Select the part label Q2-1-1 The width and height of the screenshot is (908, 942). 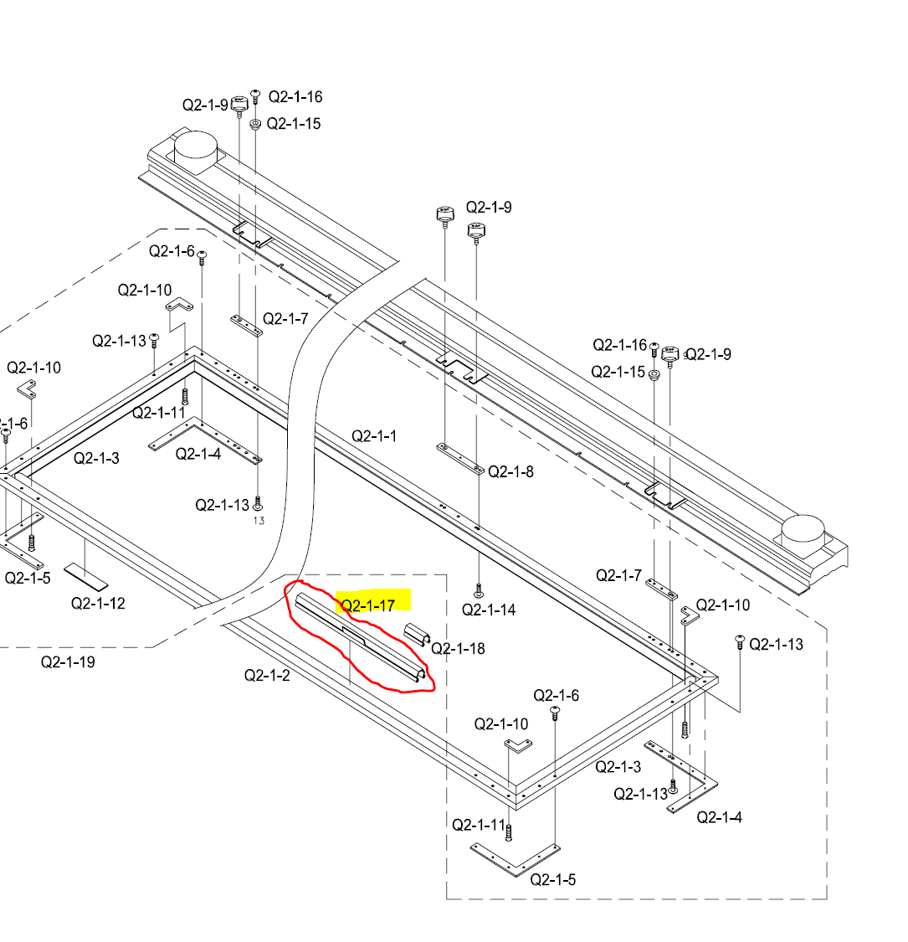tap(374, 436)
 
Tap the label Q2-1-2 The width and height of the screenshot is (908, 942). tap(267, 675)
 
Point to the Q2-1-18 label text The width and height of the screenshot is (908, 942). tap(459, 648)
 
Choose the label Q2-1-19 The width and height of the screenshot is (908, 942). tap(68, 662)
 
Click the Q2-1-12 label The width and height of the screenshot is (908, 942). tap(98, 603)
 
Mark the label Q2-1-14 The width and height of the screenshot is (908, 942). tap(490, 610)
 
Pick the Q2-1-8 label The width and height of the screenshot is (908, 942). tap(511, 471)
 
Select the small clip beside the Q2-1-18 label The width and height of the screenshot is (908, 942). tap(418, 635)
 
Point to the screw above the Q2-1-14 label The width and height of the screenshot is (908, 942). tap(479, 589)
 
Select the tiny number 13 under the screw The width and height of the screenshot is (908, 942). tap(259, 521)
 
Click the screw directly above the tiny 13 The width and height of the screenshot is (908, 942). tap(258, 502)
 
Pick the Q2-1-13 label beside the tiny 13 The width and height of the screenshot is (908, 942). tap(222, 505)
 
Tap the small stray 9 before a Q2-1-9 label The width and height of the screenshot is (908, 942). tap(686, 355)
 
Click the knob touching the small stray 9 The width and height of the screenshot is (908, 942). tap(670, 355)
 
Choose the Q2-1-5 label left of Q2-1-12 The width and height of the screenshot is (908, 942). tap(28, 578)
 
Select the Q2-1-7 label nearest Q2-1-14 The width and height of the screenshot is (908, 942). tap(618, 575)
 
